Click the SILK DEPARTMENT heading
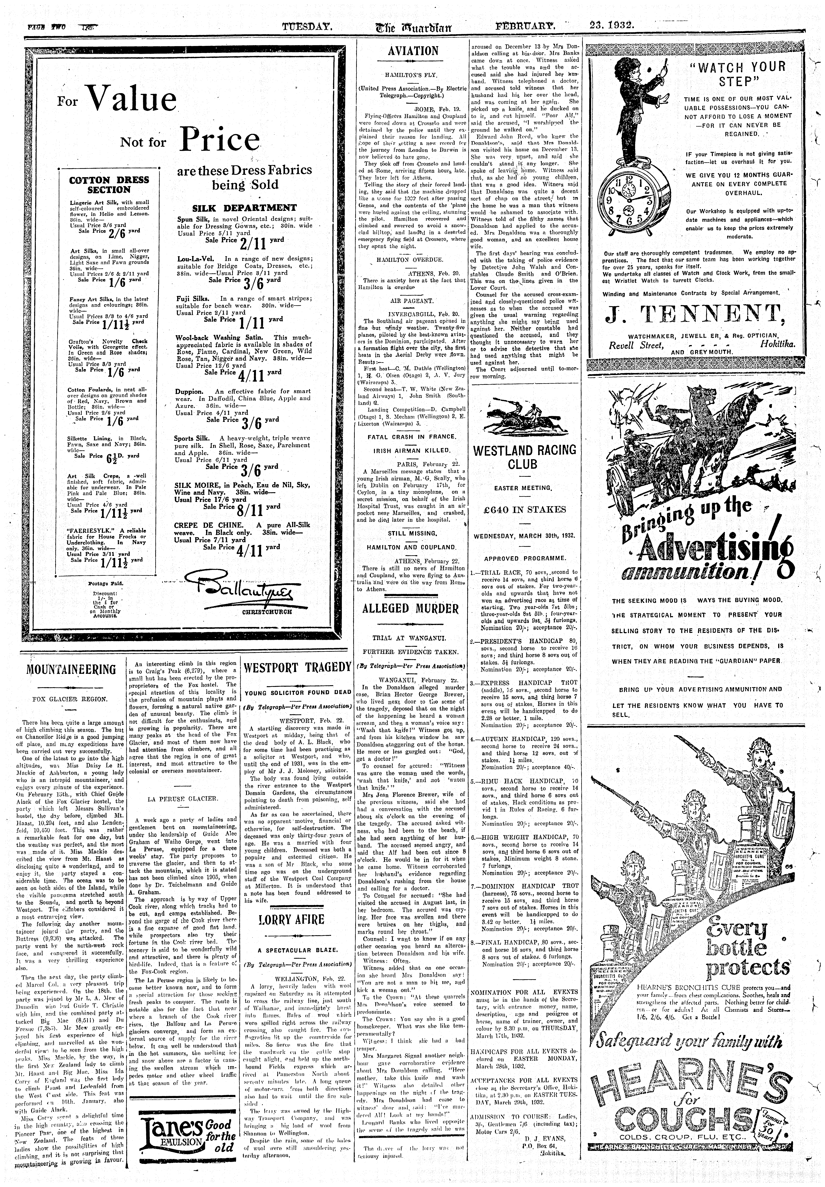[244, 208]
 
